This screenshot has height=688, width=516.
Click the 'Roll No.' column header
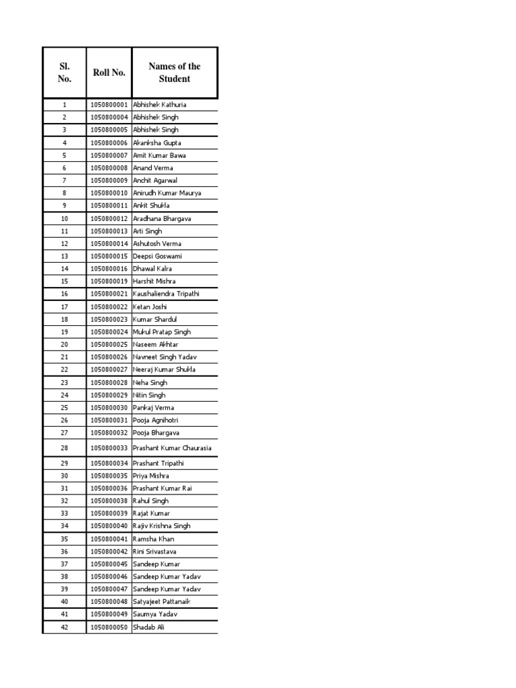[109, 73]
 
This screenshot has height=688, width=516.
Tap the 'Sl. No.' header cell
[64, 73]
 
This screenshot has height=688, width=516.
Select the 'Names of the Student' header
[174, 73]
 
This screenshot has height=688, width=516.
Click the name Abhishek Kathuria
[160, 105]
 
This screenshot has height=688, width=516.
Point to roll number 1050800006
[109, 143]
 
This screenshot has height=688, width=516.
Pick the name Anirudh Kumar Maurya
[167, 193]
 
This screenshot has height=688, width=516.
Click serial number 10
[64, 219]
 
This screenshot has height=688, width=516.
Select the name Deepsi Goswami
[157, 257]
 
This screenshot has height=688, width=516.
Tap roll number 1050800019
[109, 282]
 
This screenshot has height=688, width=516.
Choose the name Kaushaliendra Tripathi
[166, 294]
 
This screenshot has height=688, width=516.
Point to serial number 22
[64, 370]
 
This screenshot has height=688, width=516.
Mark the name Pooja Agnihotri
[156, 421]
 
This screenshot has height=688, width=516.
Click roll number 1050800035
[109, 476]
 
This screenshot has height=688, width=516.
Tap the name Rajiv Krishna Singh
[162, 526]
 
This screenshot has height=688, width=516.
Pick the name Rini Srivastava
[155, 552]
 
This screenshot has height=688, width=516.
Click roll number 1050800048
[109, 602]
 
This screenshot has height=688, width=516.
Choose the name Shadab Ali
[148, 628]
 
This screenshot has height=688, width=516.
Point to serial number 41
[64, 615]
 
